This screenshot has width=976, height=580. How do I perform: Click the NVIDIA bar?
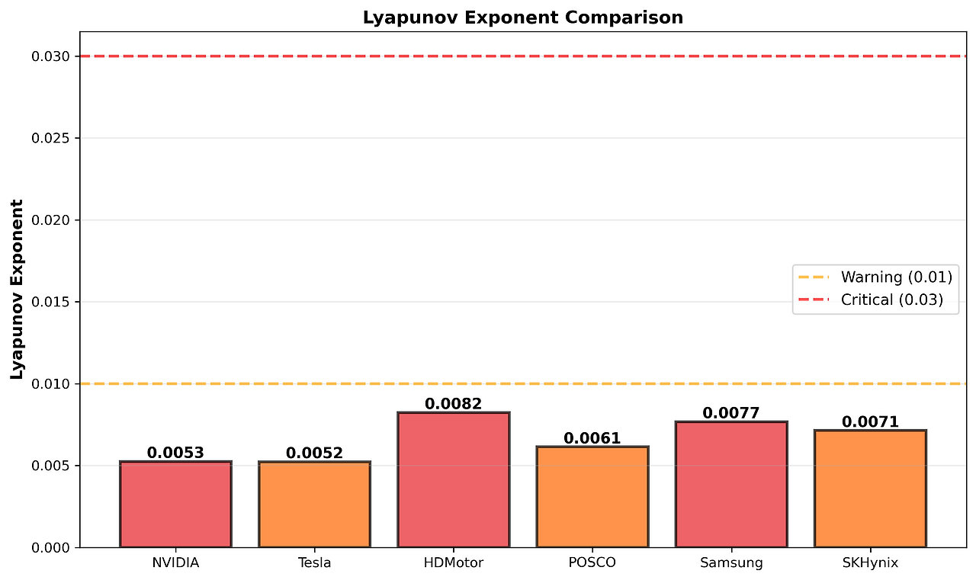175,504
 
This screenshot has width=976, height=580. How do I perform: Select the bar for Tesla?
314,504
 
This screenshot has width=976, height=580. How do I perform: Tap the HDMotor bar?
453,479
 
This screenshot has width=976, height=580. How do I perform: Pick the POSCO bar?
592,496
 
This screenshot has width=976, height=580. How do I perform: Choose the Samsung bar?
731,484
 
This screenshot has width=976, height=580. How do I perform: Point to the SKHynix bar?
870,489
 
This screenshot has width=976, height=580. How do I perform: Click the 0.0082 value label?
453,404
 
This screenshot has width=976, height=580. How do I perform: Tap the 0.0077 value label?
731,413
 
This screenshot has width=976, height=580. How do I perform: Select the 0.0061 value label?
592,438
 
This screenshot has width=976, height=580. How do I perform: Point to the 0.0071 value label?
870,421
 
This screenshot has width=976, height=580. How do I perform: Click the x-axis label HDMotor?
453,563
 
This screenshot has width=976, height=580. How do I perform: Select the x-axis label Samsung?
731,563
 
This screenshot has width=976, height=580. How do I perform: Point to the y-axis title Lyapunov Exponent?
17,289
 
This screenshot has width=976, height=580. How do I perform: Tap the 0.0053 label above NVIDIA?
175,453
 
